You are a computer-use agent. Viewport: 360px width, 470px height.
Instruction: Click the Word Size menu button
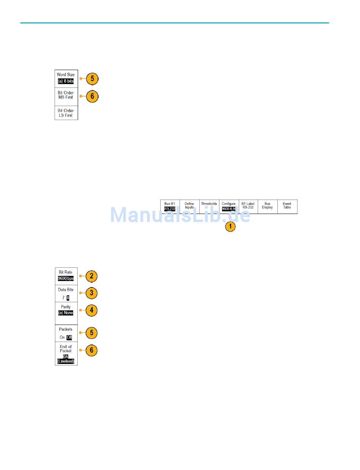[x=66, y=78]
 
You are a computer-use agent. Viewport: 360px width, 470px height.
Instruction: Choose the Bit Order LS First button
[x=66, y=113]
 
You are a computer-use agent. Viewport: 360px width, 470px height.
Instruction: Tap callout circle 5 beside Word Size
[x=92, y=79]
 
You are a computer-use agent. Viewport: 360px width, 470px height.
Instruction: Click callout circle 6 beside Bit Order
[x=92, y=97]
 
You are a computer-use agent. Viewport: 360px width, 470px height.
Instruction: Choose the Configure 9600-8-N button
[x=229, y=206]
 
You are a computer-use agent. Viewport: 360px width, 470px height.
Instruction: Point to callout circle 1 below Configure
[x=230, y=226]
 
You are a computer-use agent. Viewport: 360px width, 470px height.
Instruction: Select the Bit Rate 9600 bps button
[x=66, y=276]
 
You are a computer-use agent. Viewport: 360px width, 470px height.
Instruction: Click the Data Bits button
[x=66, y=294]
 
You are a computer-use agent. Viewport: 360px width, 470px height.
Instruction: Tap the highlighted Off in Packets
[x=69, y=337]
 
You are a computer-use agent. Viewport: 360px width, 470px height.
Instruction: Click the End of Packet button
[x=66, y=354]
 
